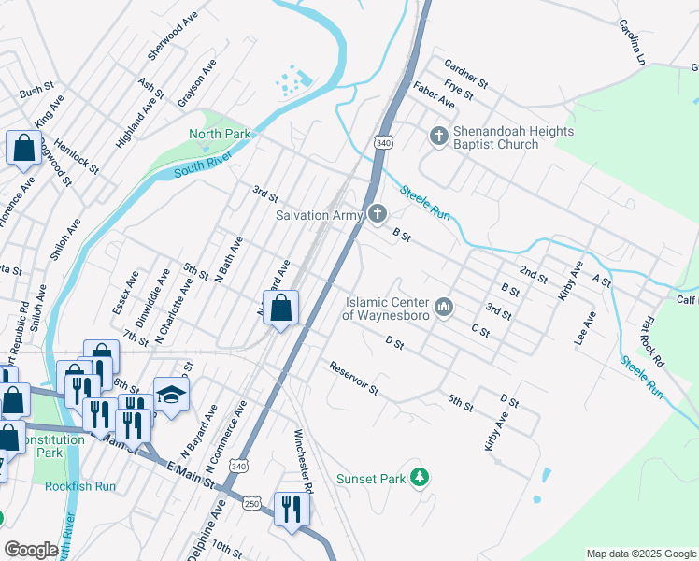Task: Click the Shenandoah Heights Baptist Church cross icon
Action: pos(439,137)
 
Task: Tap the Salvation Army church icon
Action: pos(377,215)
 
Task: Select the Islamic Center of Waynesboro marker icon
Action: pos(444,306)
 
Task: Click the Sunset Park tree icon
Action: pos(421,479)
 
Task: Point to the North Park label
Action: pos(220,135)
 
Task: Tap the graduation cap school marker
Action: pos(171,396)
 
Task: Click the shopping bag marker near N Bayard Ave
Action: pos(280,309)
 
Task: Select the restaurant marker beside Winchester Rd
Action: pos(292,510)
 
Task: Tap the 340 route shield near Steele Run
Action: pos(382,143)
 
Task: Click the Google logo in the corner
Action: pos(30,550)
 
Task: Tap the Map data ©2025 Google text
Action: pos(639,554)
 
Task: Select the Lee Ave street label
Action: pos(586,329)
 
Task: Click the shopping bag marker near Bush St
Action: pos(22,149)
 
